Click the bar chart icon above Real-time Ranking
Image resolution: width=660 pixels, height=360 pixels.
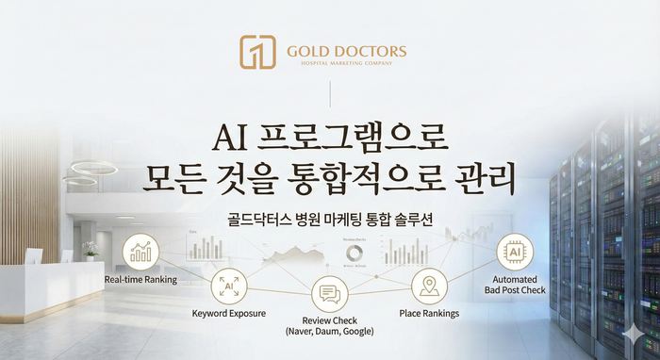141,251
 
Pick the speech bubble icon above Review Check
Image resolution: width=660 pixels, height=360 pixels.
330,296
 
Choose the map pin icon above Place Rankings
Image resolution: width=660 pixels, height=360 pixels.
429,286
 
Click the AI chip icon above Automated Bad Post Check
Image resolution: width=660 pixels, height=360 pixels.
515,253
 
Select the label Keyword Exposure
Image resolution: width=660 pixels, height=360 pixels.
229,312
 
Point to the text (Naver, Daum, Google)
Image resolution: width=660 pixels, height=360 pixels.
330,332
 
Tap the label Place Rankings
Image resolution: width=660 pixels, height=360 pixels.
429,312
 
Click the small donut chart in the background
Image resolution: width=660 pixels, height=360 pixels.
355,255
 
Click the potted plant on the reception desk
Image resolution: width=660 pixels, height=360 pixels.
89,249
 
